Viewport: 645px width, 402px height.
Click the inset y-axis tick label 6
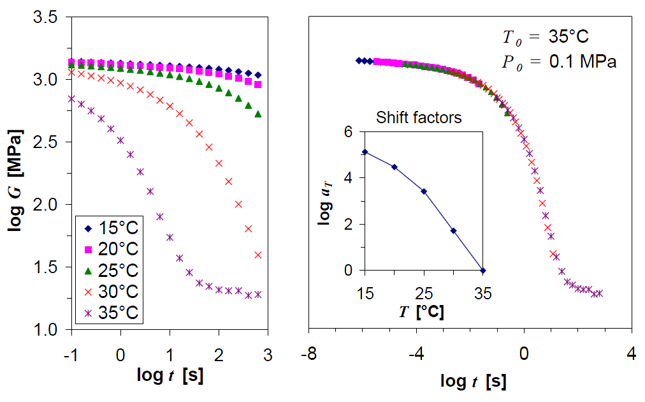(x=348, y=131)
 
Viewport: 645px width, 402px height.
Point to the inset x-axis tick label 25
(x=424, y=294)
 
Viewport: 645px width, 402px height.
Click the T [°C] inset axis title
(x=423, y=313)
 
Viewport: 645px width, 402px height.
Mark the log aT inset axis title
(x=326, y=200)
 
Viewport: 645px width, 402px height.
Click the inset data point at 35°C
(x=483, y=271)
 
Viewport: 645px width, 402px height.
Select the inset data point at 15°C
(x=365, y=152)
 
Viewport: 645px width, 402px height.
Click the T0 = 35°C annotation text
(x=548, y=36)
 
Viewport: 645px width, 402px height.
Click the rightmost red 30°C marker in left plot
(x=258, y=255)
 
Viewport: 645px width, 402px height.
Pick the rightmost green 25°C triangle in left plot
(x=258, y=114)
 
